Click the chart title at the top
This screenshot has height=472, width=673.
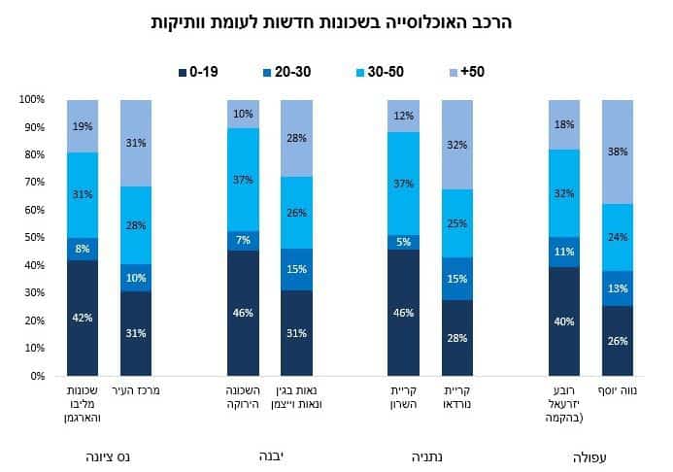336,20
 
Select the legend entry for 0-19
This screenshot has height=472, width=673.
199,72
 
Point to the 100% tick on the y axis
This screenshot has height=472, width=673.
31,100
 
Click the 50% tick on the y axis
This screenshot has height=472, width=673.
33,238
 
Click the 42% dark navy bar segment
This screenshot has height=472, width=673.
83,318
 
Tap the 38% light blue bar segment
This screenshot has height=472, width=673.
617,152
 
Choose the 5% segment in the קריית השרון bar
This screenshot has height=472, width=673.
403,242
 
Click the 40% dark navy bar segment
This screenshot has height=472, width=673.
564,320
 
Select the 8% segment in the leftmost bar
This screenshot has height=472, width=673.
83,249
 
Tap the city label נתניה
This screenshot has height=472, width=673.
431,455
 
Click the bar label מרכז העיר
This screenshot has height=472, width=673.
136,391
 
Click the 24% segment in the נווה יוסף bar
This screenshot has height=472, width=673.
617,237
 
